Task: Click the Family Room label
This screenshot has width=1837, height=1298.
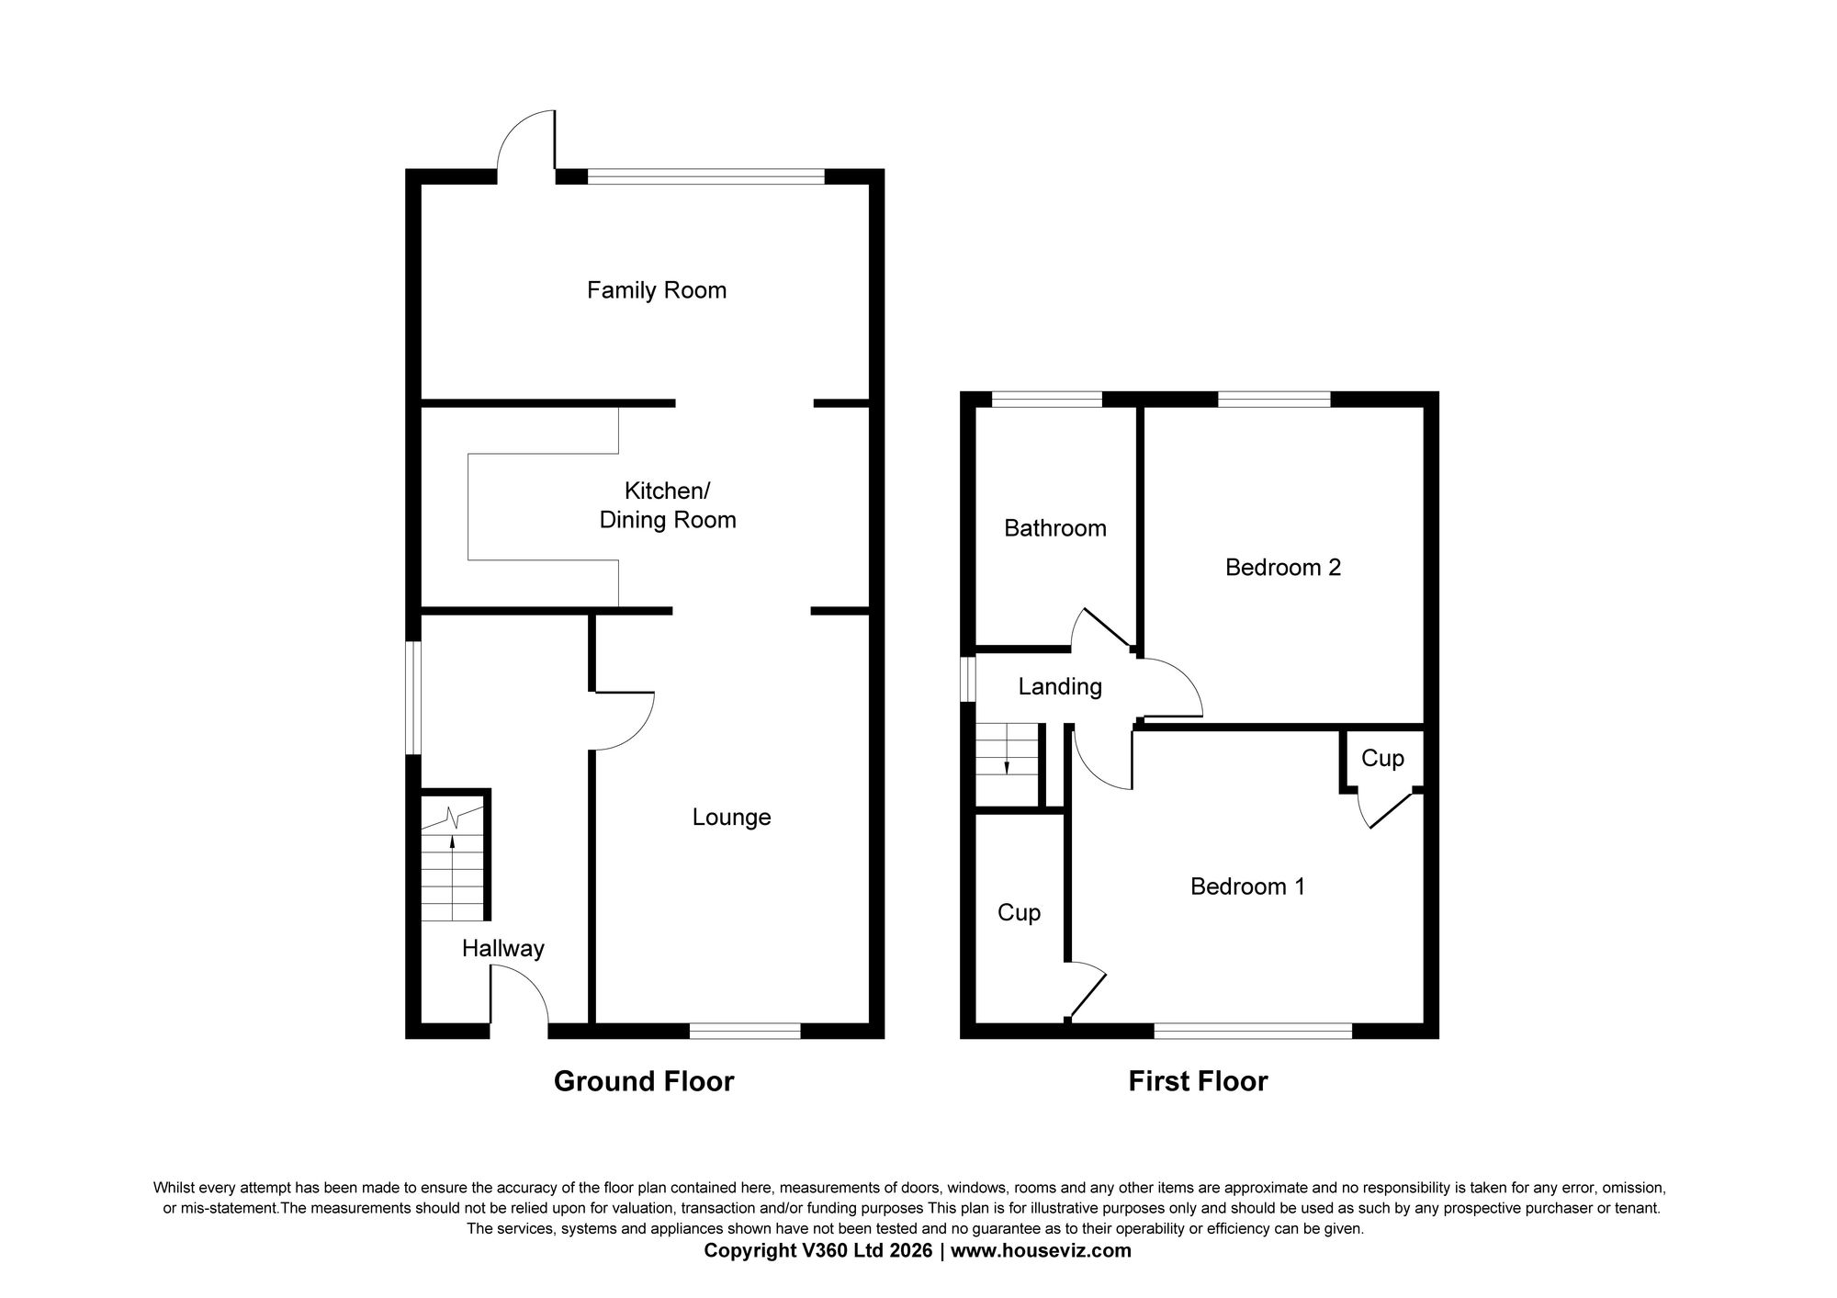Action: (657, 290)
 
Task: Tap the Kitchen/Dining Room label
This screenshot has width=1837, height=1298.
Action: (668, 505)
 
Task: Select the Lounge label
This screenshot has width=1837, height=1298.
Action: (731, 817)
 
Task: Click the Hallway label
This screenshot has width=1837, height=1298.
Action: (502, 948)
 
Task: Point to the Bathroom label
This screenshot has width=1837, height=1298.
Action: (1054, 528)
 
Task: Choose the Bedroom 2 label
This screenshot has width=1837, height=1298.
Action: (1282, 567)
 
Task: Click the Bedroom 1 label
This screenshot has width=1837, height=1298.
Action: (1247, 886)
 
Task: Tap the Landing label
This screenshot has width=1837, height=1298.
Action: (1060, 686)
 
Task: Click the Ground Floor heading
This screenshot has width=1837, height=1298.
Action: (643, 1081)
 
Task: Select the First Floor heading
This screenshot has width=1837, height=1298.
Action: (1198, 1081)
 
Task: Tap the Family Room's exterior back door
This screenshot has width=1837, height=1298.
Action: (526, 147)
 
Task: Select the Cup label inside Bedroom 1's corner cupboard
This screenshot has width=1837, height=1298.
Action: (1382, 758)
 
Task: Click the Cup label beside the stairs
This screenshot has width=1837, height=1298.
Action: (1019, 912)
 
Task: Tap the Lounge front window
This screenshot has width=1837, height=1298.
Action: (745, 1031)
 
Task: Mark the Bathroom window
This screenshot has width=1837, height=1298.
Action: (1047, 399)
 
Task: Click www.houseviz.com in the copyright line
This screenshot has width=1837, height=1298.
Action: (1041, 1250)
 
